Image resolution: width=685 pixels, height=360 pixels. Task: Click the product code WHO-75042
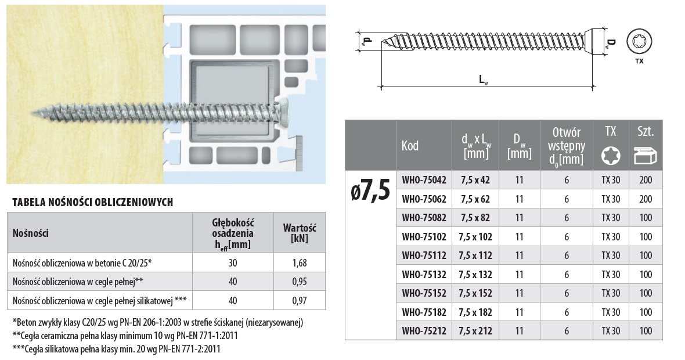(424, 180)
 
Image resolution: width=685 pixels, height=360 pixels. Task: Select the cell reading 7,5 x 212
(475, 331)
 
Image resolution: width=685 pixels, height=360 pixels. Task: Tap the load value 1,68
(299, 263)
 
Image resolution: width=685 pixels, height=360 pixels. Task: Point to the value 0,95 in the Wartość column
(299, 282)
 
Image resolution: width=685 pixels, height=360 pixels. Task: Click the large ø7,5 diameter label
(370, 192)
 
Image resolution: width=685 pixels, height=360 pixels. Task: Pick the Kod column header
(410, 146)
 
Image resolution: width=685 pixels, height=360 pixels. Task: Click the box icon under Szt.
(646, 156)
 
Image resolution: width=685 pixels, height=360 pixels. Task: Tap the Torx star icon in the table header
(610, 156)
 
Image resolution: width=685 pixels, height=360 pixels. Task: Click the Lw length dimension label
(483, 80)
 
